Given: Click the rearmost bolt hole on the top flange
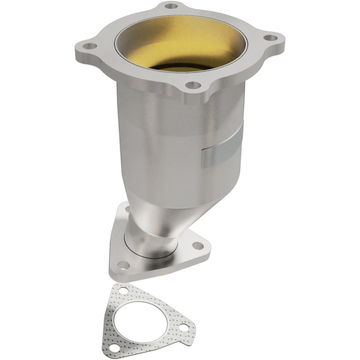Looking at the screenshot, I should pos(171,7).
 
